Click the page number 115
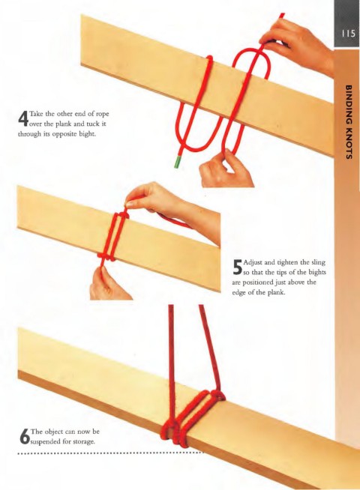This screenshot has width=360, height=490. (x=349, y=34)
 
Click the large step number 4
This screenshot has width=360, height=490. (x=23, y=119)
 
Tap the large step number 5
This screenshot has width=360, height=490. (x=238, y=267)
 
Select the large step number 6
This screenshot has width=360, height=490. (x=24, y=436)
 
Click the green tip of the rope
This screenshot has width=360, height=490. (x=178, y=162)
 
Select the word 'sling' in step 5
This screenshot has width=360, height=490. (x=319, y=262)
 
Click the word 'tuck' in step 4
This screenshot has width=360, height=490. (x=92, y=124)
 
